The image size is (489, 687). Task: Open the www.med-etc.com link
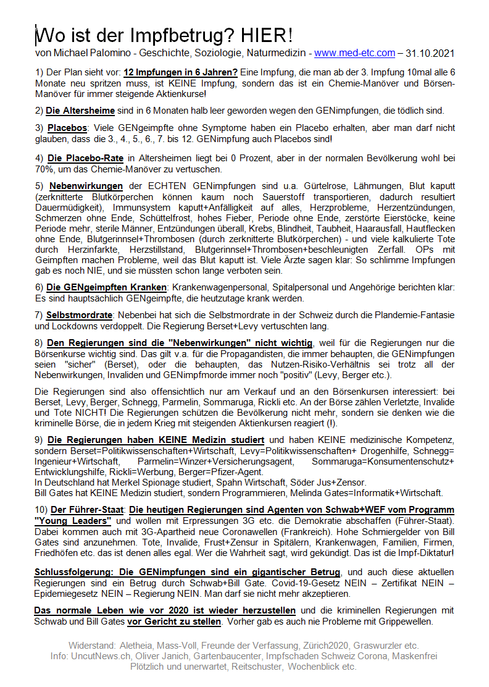coord(354,53)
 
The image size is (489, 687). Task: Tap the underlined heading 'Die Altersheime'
coord(80,111)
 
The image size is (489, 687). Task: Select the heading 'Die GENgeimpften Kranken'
coord(106,287)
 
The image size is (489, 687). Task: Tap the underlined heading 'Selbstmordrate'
coord(80,315)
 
